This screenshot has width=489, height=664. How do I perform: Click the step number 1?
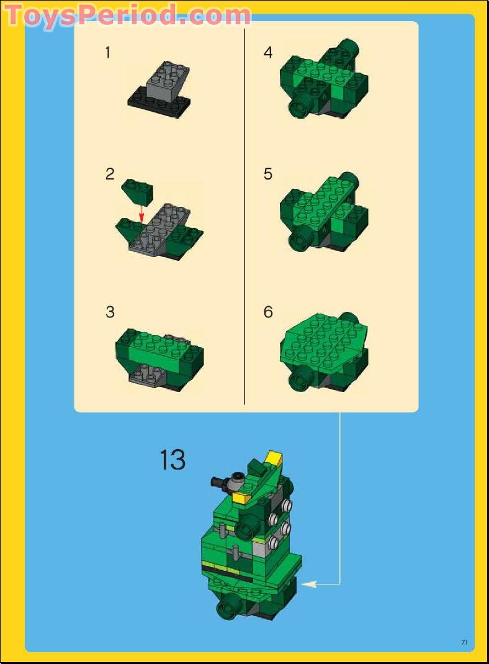(x=108, y=53)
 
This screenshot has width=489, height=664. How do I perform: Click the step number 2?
(x=110, y=175)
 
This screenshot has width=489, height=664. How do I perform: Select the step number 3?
(x=110, y=312)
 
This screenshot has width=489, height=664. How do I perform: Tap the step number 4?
(x=268, y=53)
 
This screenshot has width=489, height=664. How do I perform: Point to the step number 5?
(x=268, y=175)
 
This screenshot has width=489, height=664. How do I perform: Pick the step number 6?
(x=268, y=312)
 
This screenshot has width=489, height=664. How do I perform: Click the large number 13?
(x=172, y=460)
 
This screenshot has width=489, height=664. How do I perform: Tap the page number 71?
(x=464, y=642)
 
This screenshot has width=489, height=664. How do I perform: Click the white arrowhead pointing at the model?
(x=310, y=583)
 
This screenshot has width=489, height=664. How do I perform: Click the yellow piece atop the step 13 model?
(x=273, y=459)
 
